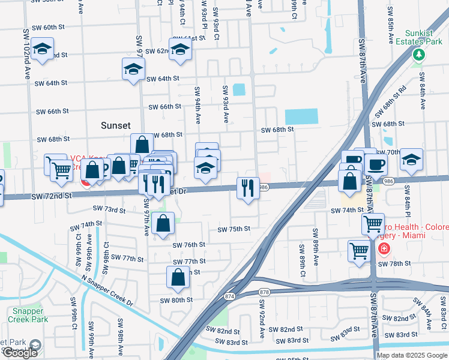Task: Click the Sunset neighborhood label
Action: pyautogui.click(x=116, y=125)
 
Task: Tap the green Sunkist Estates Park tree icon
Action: pyautogui.click(x=418, y=55)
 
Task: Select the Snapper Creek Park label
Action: pyautogui.click(x=28, y=315)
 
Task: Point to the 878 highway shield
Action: pyautogui.click(x=263, y=292)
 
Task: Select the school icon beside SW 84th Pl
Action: pyautogui.click(x=412, y=160)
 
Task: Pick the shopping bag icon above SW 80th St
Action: pyautogui.click(x=178, y=277)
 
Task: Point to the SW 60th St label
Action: pyautogui.click(x=53, y=27)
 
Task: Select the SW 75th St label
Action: pyautogui.click(x=234, y=229)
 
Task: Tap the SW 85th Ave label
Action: pyautogui.click(x=390, y=25)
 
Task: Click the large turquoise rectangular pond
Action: pyautogui.click(x=301, y=116)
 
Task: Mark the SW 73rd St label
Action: pyautogui.click(x=109, y=209)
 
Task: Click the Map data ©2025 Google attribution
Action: pyautogui.click(x=412, y=355)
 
